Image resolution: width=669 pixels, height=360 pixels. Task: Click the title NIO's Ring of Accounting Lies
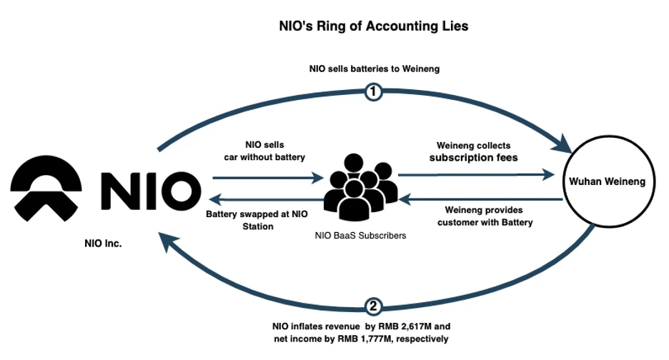pyautogui.click(x=373, y=26)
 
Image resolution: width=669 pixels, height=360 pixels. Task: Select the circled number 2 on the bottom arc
pyautogui.click(x=372, y=306)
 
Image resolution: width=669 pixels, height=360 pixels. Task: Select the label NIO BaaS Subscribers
pyautogui.click(x=360, y=235)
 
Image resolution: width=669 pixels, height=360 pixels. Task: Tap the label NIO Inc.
pyautogui.click(x=103, y=244)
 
